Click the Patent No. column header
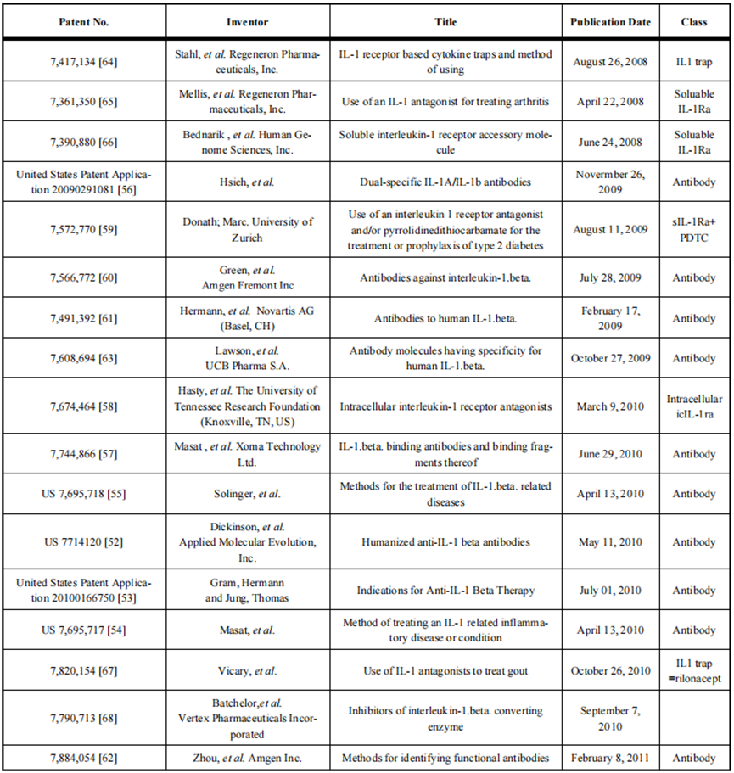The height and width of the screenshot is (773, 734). (84, 20)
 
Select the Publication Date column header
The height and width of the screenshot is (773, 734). (611, 20)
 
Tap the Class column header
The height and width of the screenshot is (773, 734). (694, 20)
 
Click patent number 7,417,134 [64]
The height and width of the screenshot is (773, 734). (84, 62)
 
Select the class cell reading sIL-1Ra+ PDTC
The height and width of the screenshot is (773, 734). (694, 229)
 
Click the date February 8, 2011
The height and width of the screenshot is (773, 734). (611, 757)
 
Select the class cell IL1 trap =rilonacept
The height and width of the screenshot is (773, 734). (694, 671)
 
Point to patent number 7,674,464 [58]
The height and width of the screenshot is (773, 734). (84, 406)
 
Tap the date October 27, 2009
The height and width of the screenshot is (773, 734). (611, 358)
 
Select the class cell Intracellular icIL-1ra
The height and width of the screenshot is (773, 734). (694, 406)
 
